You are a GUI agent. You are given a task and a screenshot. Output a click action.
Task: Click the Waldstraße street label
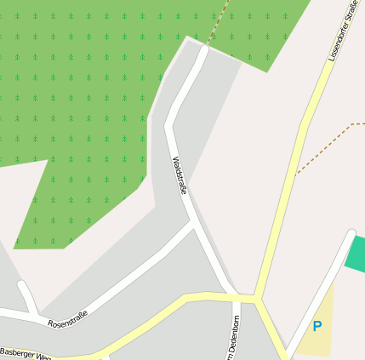[179, 174]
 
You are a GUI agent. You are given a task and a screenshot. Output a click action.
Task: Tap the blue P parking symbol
[317, 326]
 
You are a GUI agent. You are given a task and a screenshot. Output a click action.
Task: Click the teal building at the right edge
[356, 254]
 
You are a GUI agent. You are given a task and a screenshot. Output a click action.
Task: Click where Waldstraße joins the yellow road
[231, 294]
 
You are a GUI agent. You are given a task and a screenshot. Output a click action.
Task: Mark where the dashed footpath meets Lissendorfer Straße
[296, 174]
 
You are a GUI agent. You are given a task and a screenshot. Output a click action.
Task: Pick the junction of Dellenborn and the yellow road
[234, 297]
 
